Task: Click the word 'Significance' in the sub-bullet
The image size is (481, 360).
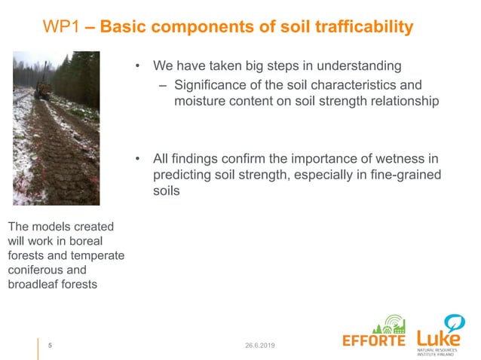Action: click(x=211, y=85)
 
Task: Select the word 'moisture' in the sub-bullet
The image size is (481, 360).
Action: click(x=200, y=101)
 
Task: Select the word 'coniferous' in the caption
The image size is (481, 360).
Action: click(x=35, y=270)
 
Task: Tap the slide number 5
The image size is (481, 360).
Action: click(x=51, y=346)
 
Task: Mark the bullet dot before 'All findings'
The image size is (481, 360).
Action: click(x=138, y=159)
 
